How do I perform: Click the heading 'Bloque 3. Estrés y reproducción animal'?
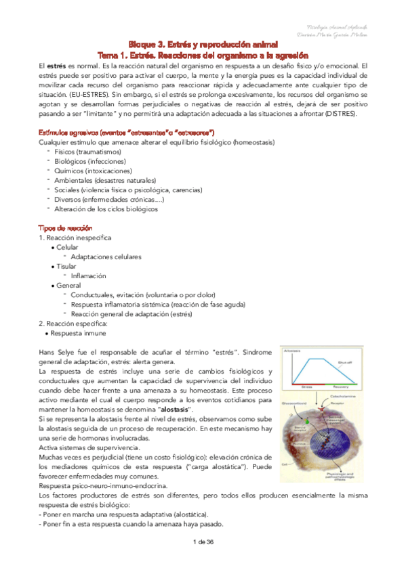tap(203, 43)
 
